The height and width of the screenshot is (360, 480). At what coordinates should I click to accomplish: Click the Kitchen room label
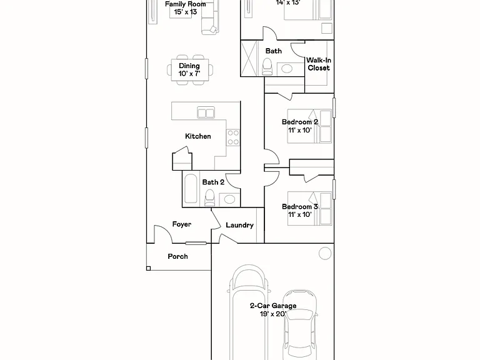click(x=197, y=136)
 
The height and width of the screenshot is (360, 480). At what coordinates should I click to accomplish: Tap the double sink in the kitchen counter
click(x=206, y=112)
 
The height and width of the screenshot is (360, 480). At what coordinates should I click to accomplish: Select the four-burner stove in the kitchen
click(x=233, y=137)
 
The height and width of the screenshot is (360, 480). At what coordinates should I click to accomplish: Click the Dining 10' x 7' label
click(x=189, y=70)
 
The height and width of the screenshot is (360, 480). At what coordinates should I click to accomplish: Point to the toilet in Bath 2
click(x=210, y=197)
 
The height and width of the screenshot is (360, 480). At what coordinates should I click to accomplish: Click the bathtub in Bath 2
click(x=191, y=189)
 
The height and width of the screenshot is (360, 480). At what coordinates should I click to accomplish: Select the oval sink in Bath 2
click(x=229, y=199)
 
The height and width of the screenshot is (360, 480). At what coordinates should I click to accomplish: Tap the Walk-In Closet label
click(x=319, y=64)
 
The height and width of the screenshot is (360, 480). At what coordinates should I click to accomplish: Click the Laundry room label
click(x=240, y=225)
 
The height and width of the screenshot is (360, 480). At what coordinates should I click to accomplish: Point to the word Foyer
click(x=181, y=224)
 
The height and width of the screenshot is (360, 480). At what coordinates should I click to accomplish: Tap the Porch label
click(x=177, y=256)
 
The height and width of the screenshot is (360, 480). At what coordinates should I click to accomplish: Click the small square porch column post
click(x=149, y=269)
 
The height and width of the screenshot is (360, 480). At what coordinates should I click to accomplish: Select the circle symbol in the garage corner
click(x=325, y=254)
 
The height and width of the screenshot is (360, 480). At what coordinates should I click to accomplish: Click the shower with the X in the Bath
click(x=249, y=58)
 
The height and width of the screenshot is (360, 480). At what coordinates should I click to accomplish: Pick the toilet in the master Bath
click(x=267, y=67)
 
